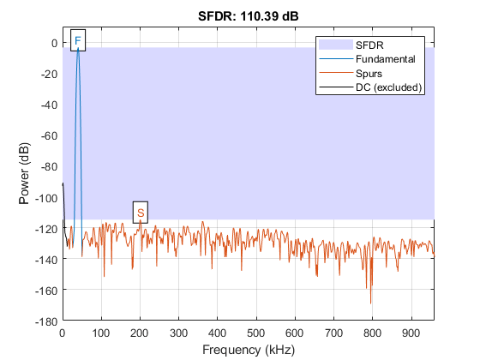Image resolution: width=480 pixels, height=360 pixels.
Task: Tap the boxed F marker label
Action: pyautogui.click(x=78, y=41)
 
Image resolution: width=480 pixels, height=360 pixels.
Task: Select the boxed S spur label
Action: pyautogui.click(x=141, y=212)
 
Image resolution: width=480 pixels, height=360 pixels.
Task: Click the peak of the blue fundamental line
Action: pyautogui.click(x=78, y=49)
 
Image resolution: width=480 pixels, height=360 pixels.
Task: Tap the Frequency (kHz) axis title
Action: pyautogui.click(x=248, y=350)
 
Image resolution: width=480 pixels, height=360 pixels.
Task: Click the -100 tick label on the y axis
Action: pyautogui.click(x=45, y=197)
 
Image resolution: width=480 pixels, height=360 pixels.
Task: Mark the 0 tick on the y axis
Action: pyautogui.click(x=53, y=43)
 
